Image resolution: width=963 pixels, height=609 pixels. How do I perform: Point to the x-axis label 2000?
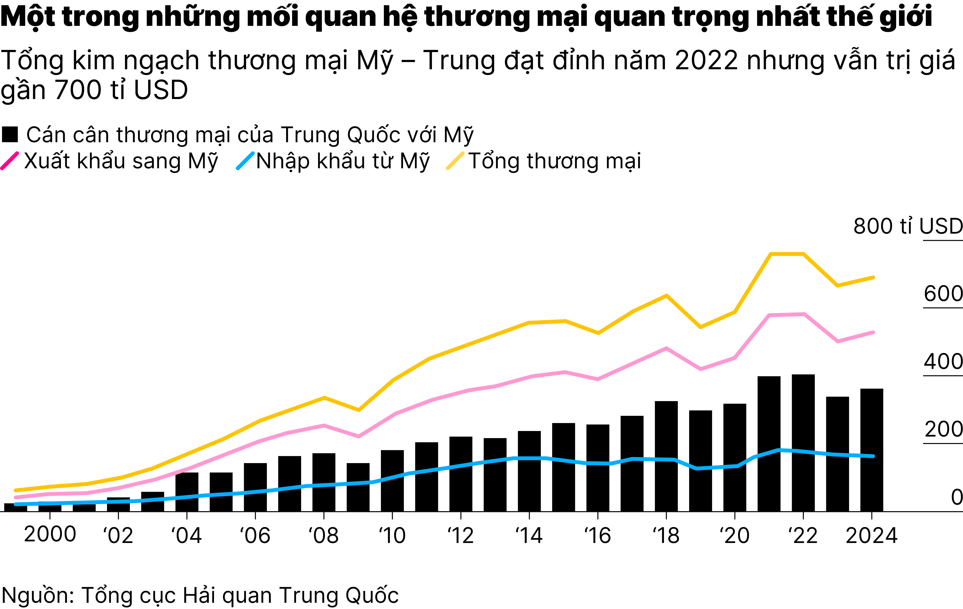50,535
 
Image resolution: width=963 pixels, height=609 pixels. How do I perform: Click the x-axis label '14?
529,536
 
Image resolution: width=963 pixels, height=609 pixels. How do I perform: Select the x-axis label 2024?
872,536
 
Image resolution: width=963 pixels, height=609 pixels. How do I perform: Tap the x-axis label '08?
324,536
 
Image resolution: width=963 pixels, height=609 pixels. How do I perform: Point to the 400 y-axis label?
943,362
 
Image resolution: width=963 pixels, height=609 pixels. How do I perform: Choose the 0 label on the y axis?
957,497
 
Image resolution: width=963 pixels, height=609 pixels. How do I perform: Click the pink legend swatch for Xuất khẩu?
10,161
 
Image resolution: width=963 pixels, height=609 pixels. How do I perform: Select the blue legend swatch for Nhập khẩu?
245,161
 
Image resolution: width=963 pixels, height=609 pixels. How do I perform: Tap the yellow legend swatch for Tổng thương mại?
455,161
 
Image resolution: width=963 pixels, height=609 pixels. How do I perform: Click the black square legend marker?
10,134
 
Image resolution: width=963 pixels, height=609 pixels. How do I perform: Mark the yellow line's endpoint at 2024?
873,277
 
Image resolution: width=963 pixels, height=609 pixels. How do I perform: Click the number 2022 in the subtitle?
706,61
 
